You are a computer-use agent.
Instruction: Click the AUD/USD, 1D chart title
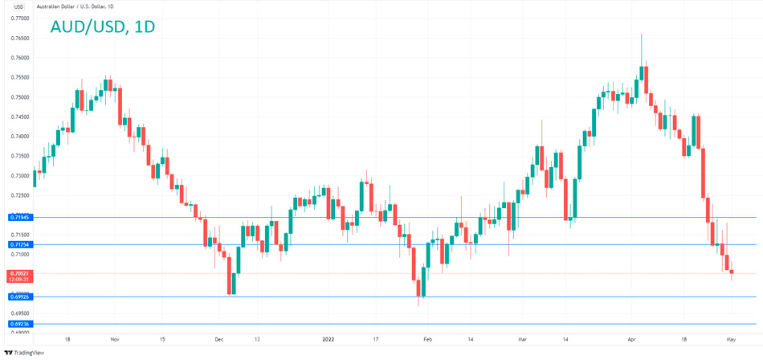click(103, 27)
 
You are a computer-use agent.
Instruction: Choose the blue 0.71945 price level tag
click(18, 217)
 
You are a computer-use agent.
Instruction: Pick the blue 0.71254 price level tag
click(18, 244)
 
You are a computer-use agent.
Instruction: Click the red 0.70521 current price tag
click(18, 273)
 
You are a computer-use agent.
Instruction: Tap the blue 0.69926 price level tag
click(18, 297)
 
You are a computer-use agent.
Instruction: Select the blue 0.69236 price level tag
click(18, 324)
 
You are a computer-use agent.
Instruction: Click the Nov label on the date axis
click(114, 340)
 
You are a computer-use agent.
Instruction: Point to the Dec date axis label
click(218, 340)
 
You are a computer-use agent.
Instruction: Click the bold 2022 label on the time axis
click(328, 340)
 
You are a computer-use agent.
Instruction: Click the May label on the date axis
click(731, 340)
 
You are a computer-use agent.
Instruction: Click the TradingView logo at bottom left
click(25, 352)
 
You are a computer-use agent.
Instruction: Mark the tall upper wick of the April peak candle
click(641, 48)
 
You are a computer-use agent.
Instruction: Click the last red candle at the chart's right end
click(732, 272)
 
